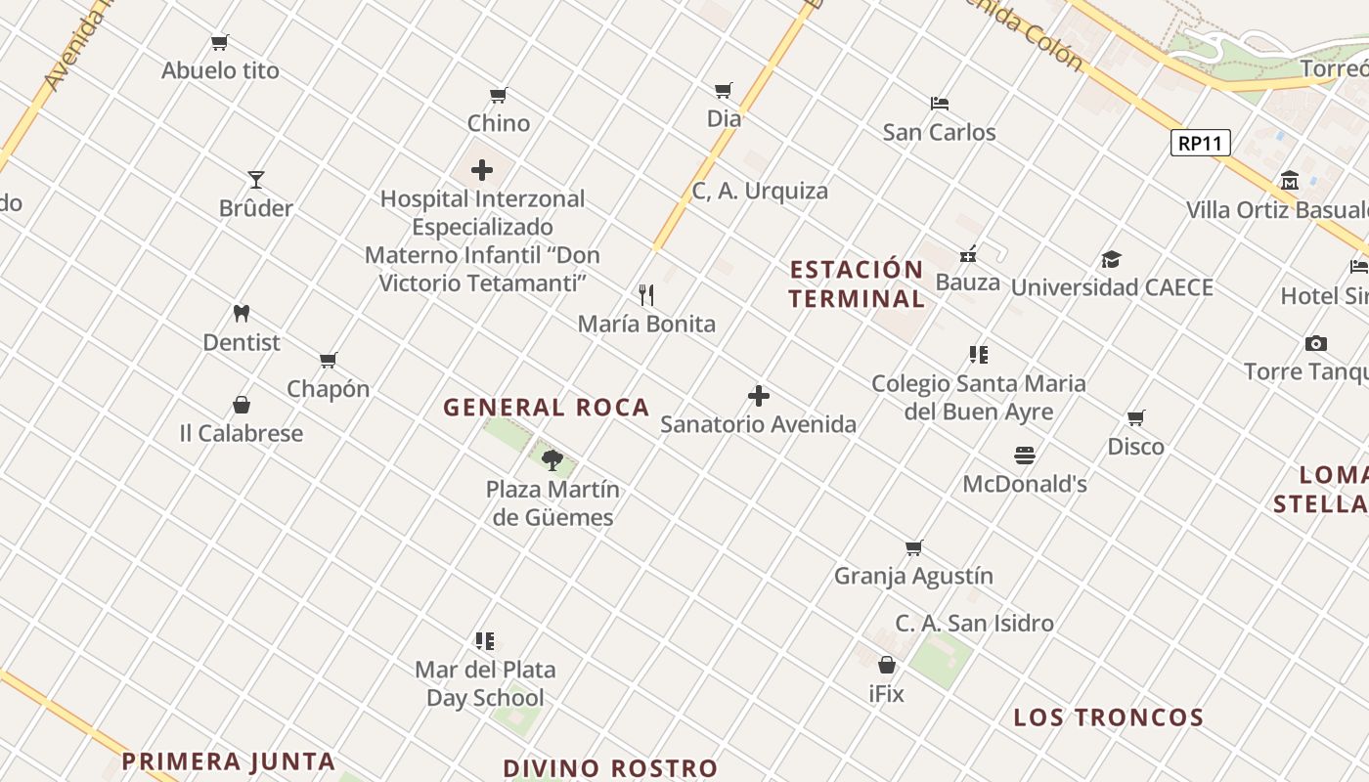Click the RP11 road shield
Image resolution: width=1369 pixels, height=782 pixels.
[x=1200, y=143]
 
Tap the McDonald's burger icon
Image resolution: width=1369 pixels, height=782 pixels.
[x=1024, y=456]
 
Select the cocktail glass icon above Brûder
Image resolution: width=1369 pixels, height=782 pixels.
[x=256, y=180]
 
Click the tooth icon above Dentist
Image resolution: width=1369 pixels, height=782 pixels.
[x=242, y=314]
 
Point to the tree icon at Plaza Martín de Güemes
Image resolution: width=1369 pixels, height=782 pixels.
[x=552, y=460]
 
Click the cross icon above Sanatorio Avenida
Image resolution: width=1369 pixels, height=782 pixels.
[x=758, y=396]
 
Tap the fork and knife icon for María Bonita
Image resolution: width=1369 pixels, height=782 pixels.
[x=646, y=295]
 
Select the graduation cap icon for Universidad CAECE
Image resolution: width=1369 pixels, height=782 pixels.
[x=1111, y=259]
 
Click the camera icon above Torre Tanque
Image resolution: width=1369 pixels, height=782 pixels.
[x=1315, y=343]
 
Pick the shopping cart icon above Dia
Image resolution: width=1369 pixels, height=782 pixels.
[x=724, y=91]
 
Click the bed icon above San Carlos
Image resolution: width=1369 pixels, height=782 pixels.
[x=939, y=104]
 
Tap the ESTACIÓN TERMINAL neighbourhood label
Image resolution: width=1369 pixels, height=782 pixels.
[x=857, y=283]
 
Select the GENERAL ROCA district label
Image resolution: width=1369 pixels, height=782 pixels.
[x=546, y=408]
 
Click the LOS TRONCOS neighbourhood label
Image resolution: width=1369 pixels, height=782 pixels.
[x=1108, y=717]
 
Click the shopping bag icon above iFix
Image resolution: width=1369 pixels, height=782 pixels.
[x=886, y=666]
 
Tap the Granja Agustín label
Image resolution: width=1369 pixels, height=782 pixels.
[x=913, y=576]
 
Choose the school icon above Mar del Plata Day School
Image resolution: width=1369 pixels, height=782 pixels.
[x=485, y=641]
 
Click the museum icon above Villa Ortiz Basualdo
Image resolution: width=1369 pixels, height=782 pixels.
[x=1289, y=182]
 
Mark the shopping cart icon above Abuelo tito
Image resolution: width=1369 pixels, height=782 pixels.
[x=220, y=43]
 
